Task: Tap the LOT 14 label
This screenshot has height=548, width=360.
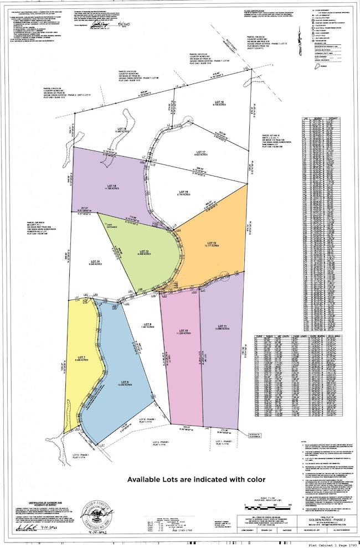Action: pyautogui.click(x=95, y=262)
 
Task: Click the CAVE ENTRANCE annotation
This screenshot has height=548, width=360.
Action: pyautogui.click(x=112, y=224)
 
